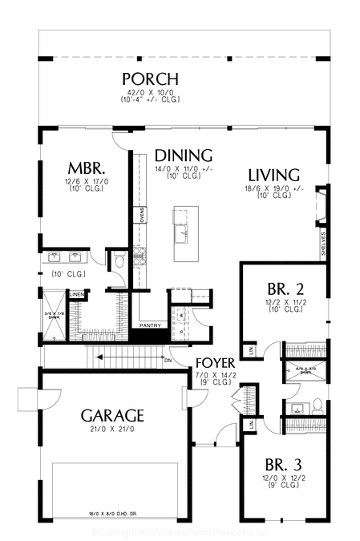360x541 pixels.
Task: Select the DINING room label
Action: [x=183, y=155]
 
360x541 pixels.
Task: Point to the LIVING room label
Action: [x=273, y=175]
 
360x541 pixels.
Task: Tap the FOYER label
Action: [x=215, y=363]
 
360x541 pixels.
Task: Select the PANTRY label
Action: [x=150, y=325]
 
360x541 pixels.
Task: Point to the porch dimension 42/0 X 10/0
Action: [x=150, y=93]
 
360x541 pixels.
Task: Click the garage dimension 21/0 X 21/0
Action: [x=112, y=430]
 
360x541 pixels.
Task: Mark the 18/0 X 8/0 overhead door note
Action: [x=113, y=512]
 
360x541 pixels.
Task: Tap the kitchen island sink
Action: [x=184, y=232]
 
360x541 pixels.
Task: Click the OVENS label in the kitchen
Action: [x=142, y=216]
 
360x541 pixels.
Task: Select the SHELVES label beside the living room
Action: [x=323, y=241]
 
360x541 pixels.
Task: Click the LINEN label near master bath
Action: [x=76, y=295]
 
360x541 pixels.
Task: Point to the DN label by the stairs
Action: [x=168, y=360]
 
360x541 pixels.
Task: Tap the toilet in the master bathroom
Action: [x=119, y=260]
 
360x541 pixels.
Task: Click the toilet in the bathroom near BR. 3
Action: [x=316, y=403]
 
